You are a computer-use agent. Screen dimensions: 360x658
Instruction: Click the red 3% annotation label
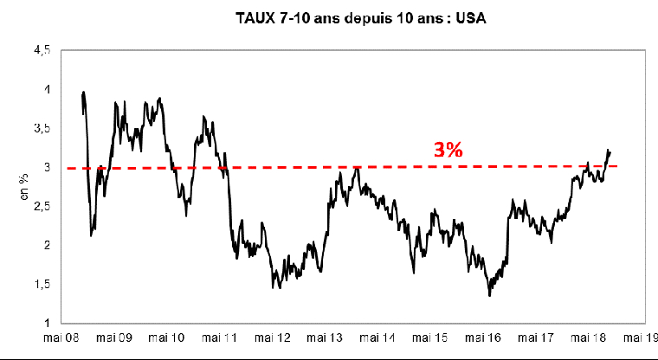pyautogui.click(x=448, y=150)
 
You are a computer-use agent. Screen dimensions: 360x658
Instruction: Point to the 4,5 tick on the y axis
pyautogui.click(x=42, y=51)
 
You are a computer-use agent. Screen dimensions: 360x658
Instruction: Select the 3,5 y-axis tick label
pyautogui.click(x=42, y=128)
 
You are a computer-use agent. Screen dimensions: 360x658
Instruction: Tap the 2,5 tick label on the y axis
pyautogui.click(x=42, y=206)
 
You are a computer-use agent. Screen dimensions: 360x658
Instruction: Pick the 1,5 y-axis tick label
pyautogui.click(x=42, y=284)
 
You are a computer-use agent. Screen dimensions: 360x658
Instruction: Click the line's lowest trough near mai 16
pyautogui.click(x=489, y=296)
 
